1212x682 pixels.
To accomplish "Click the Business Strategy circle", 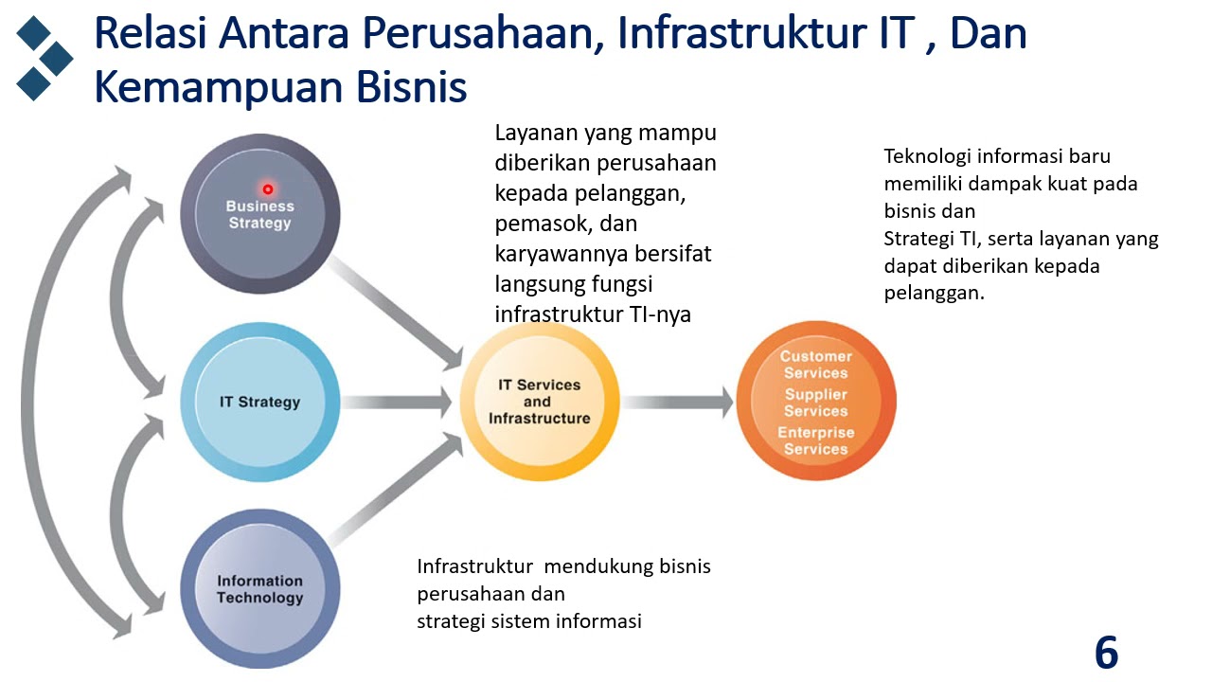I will click(259, 214).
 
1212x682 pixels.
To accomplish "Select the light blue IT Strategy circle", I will click(259, 402).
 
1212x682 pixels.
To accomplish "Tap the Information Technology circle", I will click(259, 589).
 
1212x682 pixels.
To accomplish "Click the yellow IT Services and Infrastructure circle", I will click(539, 402).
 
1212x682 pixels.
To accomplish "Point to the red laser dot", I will click(268, 189).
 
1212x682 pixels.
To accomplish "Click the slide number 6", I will click(1106, 653).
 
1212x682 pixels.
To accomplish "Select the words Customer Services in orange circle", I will click(815, 365).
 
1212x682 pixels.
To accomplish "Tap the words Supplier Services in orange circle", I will click(815, 403).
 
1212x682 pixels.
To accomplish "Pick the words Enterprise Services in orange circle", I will click(815, 440).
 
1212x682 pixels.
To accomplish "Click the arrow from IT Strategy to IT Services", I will click(398, 402).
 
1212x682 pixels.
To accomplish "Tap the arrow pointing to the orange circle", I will click(677, 402).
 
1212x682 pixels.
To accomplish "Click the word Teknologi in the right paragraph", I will click(923, 156).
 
